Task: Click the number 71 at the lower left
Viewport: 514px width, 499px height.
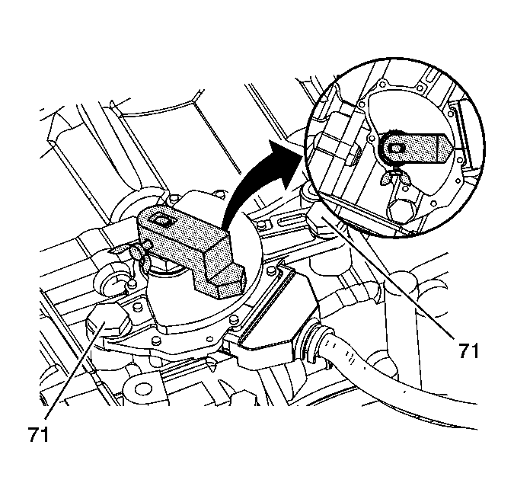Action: coord(38,434)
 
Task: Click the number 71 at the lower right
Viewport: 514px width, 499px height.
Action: coord(468,351)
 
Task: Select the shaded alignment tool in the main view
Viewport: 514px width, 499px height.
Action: coord(191,250)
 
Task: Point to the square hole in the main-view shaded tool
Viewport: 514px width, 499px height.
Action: coord(161,221)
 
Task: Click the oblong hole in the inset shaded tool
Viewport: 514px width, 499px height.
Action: coord(396,149)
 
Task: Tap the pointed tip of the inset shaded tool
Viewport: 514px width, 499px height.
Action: coord(453,148)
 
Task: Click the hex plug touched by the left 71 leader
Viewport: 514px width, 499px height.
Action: coord(107,321)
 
